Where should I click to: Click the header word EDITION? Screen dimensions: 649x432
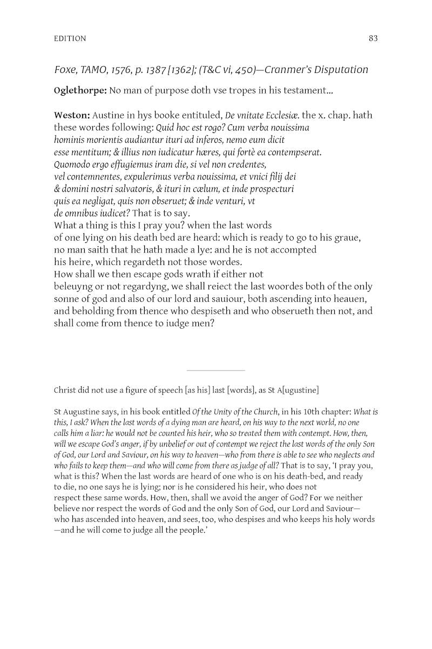[70, 38]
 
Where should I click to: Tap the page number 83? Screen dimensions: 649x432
[373, 38]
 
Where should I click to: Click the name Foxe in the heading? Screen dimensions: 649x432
[65, 70]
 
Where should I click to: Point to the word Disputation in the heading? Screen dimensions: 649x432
[340, 70]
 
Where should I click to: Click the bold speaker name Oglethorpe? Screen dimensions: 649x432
[79, 91]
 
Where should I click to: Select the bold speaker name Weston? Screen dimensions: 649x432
[71, 116]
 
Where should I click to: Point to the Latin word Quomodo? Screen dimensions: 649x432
[73, 164]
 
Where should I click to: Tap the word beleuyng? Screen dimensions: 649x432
[75, 287]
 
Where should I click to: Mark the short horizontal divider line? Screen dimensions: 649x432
[215, 370]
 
